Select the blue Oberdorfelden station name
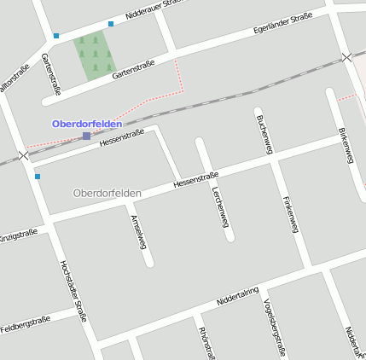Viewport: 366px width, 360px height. (87, 124)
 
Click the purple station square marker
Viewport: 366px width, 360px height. (86, 136)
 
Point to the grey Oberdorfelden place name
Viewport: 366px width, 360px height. (107, 193)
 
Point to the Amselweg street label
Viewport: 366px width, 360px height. (138, 230)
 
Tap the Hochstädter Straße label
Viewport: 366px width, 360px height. (73, 291)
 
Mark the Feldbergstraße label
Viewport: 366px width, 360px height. (26, 325)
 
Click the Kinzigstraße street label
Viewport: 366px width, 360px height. (17, 234)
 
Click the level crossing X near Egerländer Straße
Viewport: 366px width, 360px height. (346, 57)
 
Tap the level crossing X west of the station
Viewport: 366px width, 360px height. (23, 156)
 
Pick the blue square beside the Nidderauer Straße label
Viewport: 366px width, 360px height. (111, 24)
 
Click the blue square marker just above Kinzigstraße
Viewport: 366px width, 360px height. (38, 177)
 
